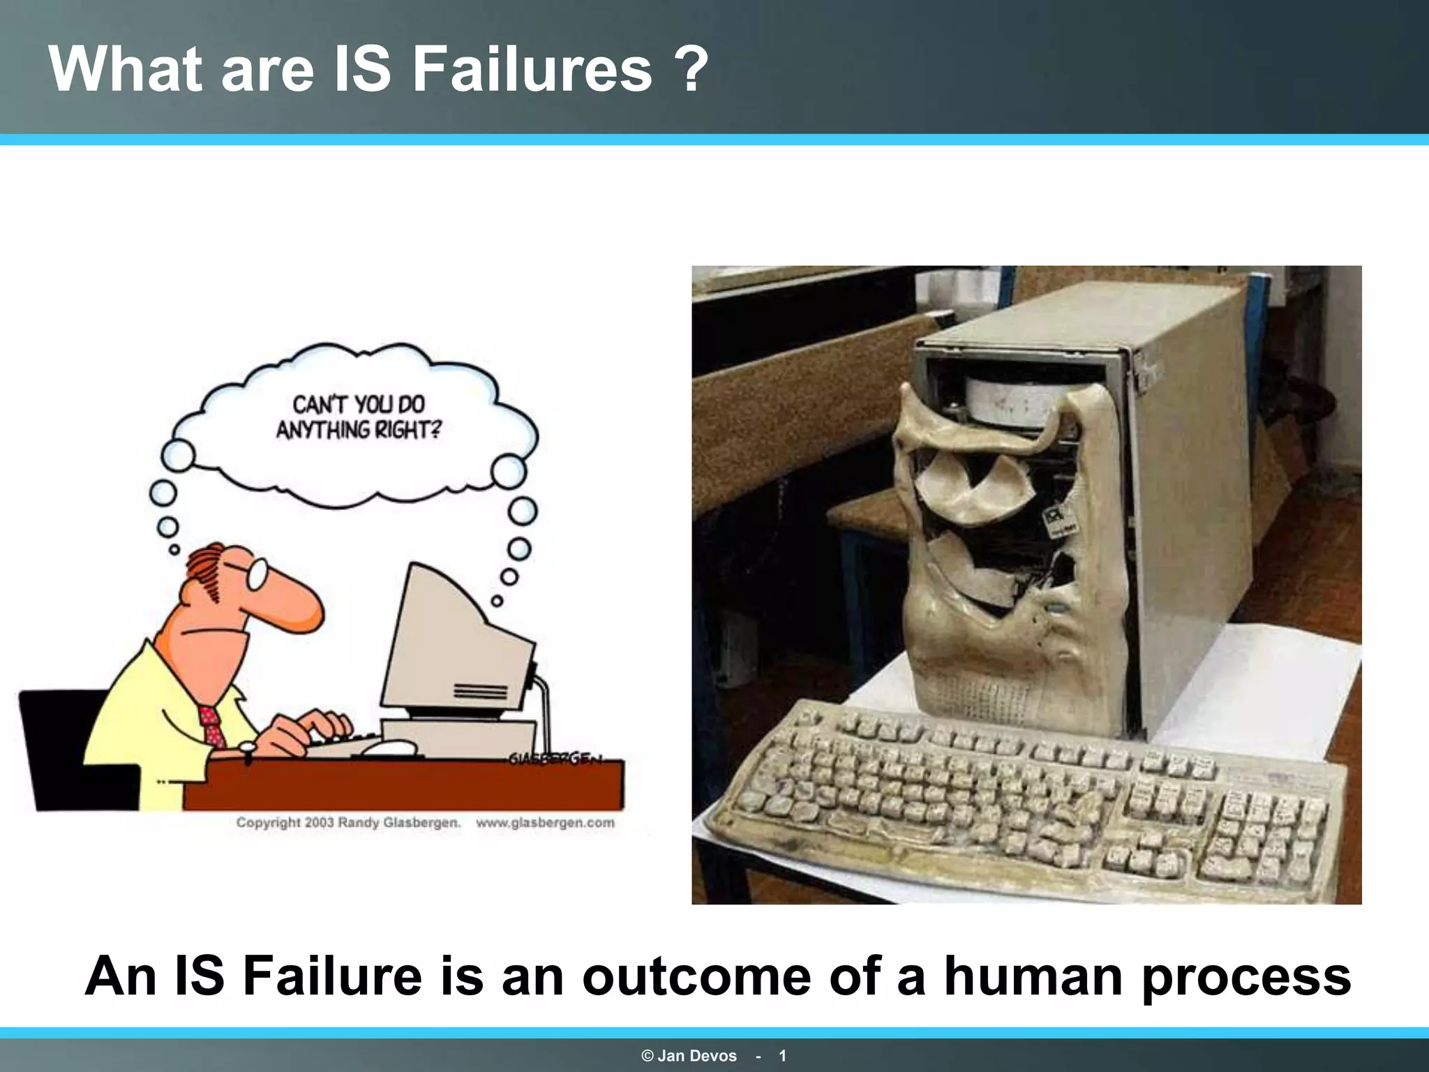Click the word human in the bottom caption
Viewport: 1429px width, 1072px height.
[1034, 976]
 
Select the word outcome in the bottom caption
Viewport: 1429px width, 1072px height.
[696, 976]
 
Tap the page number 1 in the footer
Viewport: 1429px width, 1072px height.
[783, 1056]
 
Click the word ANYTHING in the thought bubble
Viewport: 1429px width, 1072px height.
[323, 430]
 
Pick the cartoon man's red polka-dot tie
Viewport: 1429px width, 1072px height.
[211, 726]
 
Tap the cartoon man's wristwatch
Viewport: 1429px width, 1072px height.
[247, 748]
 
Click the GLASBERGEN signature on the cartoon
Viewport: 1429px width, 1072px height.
[555, 759]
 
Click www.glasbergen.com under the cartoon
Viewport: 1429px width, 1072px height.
[545, 823]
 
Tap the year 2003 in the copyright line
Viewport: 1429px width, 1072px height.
[319, 823]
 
